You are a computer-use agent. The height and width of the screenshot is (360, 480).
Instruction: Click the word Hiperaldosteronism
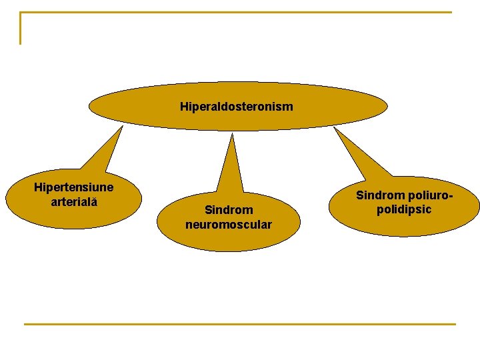(x=236, y=107)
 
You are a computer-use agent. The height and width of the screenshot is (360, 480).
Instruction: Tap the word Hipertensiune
(x=73, y=187)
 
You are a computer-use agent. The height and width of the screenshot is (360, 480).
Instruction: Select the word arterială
(x=74, y=201)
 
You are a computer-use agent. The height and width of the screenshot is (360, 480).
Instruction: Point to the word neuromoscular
(x=229, y=225)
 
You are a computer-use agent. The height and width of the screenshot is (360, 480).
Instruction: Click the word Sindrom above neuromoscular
(x=229, y=210)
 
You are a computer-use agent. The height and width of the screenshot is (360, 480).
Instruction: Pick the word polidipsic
(x=404, y=209)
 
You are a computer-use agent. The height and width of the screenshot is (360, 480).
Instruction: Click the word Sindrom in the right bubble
(x=381, y=195)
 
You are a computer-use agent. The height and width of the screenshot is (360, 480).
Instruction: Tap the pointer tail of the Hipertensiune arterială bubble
(x=103, y=150)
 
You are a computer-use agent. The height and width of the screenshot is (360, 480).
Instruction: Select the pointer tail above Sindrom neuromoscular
(x=231, y=163)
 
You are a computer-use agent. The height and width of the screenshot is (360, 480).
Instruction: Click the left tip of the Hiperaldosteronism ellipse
(x=90, y=105)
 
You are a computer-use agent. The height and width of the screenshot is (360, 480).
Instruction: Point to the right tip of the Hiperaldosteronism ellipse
(x=387, y=105)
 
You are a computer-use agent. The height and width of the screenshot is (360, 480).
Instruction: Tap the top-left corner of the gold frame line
(x=21, y=13)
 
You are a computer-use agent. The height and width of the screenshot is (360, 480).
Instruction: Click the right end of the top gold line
(x=451, y=12)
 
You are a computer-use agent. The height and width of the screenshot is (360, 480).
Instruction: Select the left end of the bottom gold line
(x=25, y=324)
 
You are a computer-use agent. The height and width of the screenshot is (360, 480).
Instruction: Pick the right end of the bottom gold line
(x=455, y=324)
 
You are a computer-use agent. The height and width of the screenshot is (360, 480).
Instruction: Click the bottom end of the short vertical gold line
(x=21, y=43)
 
